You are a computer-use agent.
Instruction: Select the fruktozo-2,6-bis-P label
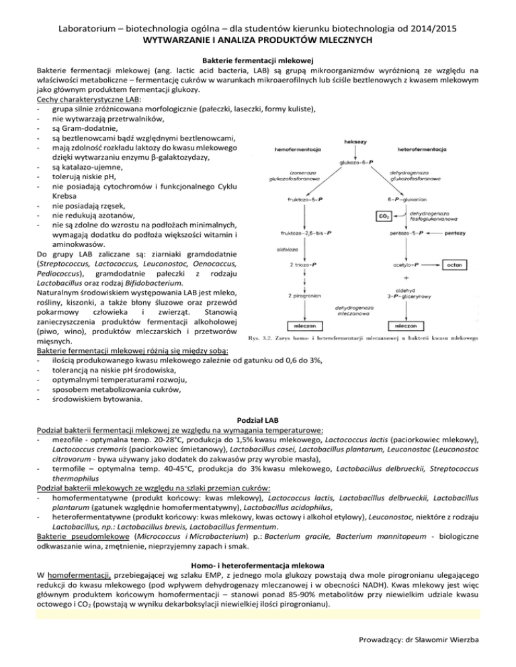click(306, 233)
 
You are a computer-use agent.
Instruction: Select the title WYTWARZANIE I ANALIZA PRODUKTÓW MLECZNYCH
click(258, 40)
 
